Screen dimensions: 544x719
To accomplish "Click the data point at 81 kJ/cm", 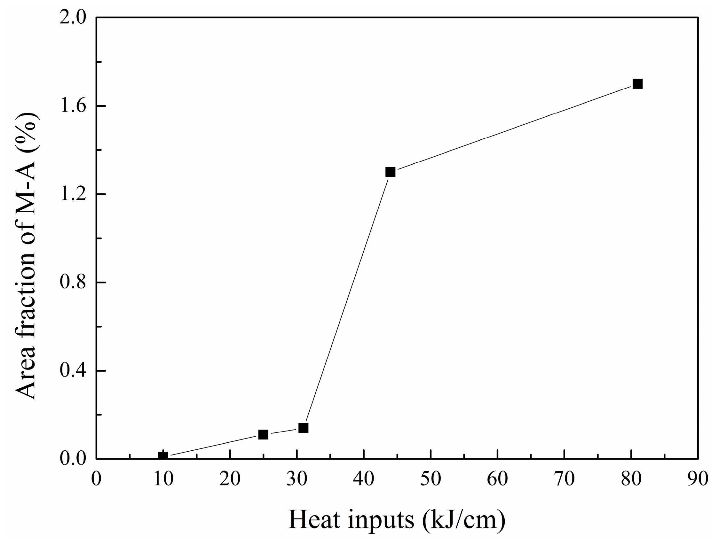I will [x=637, y=84].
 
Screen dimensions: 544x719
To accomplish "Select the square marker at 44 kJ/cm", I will [x=390, y=172].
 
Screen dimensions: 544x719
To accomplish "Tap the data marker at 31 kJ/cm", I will [x=303, y=428].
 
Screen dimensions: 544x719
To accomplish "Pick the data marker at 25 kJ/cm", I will [x=263, y=435].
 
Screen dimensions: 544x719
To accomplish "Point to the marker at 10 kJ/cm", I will [x=163, y=456].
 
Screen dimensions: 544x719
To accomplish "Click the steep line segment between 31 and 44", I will [x=346, y=300].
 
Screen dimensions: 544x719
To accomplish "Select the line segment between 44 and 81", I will [x=514, y=128].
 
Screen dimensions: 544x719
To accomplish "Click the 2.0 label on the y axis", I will [x=73, y=17].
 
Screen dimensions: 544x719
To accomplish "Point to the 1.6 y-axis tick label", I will [x=73, y=105].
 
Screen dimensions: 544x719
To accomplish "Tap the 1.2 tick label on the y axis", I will [x=73, y=194].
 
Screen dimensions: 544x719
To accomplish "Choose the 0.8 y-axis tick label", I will [x=73, y=282].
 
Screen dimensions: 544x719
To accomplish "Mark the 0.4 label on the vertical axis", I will [x=73, y=370].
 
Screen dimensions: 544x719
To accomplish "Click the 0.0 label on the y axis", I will [x=73, y=459].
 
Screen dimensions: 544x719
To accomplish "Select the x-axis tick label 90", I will [x=698, y=479].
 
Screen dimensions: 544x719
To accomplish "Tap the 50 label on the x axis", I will [x=431, y=479].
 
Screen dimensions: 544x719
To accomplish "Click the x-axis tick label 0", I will [x=96, y=479].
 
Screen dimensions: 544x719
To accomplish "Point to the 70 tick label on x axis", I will [x=564, y=479].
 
